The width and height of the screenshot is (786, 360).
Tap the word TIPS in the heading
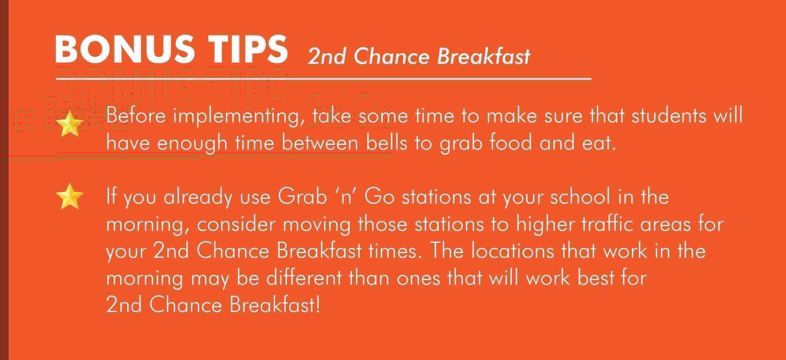tap(247, 49)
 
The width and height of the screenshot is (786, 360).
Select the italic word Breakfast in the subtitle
tap(484, 56)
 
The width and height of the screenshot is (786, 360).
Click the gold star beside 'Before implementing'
tap(70, 124)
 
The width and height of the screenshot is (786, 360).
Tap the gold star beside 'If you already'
tap(70, 196)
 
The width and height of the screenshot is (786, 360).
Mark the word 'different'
tap(304, 277)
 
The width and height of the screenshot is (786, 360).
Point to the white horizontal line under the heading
tap(323, 78)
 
